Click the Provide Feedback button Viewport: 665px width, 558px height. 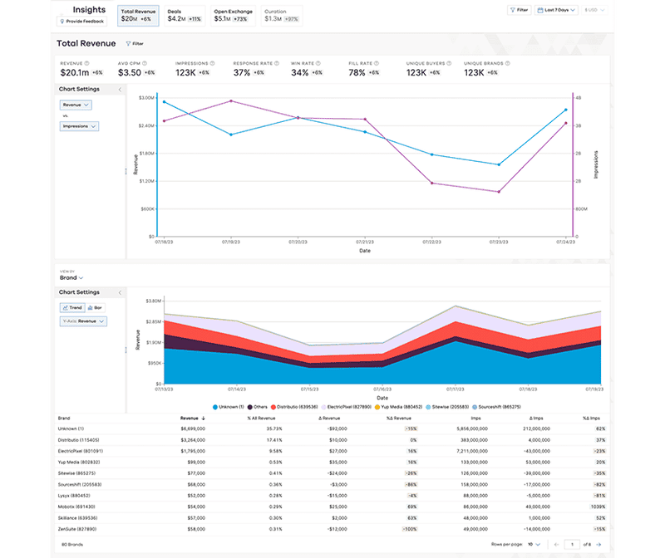click(81, 21)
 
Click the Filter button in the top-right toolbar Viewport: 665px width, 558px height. click(519, 10)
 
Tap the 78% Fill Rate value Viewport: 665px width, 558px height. click(359, 72)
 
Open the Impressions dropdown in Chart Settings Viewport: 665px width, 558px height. click(80, 126)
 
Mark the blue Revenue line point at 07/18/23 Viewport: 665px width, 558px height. click(164, 102)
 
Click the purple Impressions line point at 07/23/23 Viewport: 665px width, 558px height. click(499, 192)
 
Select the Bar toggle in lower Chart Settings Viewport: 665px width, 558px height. click(96, 307)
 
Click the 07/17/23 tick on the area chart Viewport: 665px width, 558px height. click(454, 388)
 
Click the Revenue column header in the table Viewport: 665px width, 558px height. click(190, 418)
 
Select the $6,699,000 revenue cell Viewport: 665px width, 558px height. click(190, 428)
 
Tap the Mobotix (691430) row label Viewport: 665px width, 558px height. click(78, 506)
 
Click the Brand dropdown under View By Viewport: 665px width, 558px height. click(70, 277)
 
